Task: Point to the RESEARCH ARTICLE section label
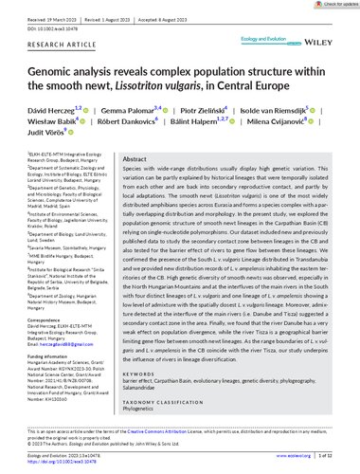click(x=51, y=44)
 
